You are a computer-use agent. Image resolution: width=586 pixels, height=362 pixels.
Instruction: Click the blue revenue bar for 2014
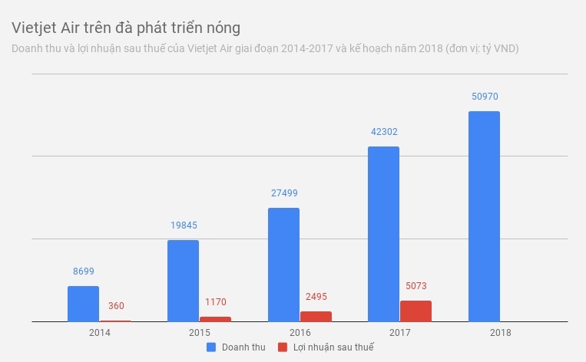click(x=83, y=304)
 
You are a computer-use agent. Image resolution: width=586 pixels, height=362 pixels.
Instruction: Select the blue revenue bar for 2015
click(x=184, y=281)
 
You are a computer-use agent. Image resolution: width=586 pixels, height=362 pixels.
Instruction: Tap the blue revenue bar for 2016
click(x=283, y=265)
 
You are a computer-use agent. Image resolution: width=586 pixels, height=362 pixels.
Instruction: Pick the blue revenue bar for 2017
click(x=383, y=234)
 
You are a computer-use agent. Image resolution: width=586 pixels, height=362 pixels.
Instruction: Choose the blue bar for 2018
click(x=484, y=216)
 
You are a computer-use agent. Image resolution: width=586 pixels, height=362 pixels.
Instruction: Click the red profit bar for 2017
click(x=415, y=311)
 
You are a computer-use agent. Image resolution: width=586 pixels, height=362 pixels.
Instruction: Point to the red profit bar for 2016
click(x=316, y=316)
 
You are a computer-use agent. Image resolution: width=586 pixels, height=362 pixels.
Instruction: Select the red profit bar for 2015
click(x=215, y=319)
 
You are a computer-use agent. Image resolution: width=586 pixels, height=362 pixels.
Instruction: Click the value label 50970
click(x=484, y=97)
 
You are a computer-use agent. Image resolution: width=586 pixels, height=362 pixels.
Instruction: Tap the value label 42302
click(x=383, y=132)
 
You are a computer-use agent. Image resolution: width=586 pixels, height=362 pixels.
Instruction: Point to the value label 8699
click(x=83, y=271)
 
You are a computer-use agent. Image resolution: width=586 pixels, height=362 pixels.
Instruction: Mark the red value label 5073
click(x=415, y=287)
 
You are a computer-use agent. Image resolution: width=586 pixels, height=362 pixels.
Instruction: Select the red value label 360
click(x=116, y=306)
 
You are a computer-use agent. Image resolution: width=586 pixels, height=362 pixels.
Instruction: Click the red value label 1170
click(x=215, y=302)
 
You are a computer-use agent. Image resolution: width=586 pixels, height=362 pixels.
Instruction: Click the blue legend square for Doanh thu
click(x=210, y=347)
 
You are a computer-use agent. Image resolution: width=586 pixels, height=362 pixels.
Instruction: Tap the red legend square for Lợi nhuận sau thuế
click(x=282, y=347)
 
